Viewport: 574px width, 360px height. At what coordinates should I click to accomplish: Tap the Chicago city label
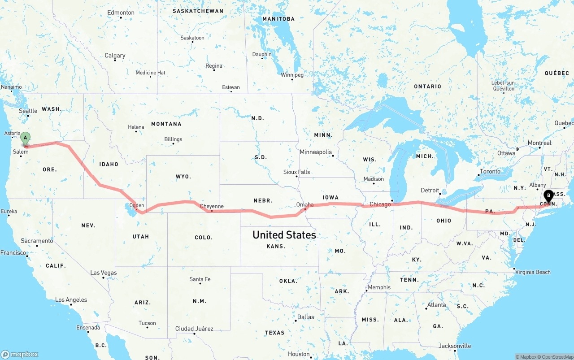380,204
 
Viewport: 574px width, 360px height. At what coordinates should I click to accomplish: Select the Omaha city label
305,204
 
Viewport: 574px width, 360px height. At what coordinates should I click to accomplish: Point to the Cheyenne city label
212,206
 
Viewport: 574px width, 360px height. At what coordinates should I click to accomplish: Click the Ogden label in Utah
137,205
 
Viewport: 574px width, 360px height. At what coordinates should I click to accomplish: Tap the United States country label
284,235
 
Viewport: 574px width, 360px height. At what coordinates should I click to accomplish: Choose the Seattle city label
28,111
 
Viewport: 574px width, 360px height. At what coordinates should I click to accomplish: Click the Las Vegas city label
103,273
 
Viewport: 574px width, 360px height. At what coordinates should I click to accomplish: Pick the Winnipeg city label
292,75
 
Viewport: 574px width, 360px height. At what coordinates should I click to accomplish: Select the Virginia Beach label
533,272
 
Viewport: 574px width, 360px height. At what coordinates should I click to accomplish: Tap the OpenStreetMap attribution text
556,357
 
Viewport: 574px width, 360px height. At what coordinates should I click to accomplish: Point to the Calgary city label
115,56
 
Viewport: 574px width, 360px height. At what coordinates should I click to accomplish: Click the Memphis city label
379,287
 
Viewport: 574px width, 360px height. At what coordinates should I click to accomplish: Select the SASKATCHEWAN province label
198,11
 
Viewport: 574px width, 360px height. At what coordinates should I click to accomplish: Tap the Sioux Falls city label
296,172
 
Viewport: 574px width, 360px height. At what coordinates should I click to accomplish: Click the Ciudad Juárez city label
194,329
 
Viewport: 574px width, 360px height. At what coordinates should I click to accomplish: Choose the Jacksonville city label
455,346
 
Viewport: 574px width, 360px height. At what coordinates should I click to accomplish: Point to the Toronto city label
490,171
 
